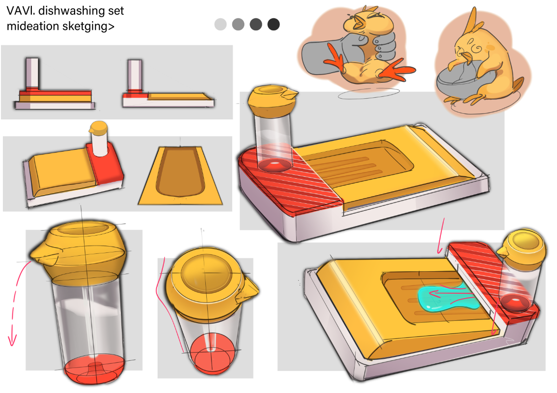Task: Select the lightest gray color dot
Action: coord(221,24)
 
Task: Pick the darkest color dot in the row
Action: coord(274,24)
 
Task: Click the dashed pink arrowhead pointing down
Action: coord(13,341)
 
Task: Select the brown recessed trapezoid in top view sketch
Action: coord(181,171)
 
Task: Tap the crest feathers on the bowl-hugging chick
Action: coord(473,21)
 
